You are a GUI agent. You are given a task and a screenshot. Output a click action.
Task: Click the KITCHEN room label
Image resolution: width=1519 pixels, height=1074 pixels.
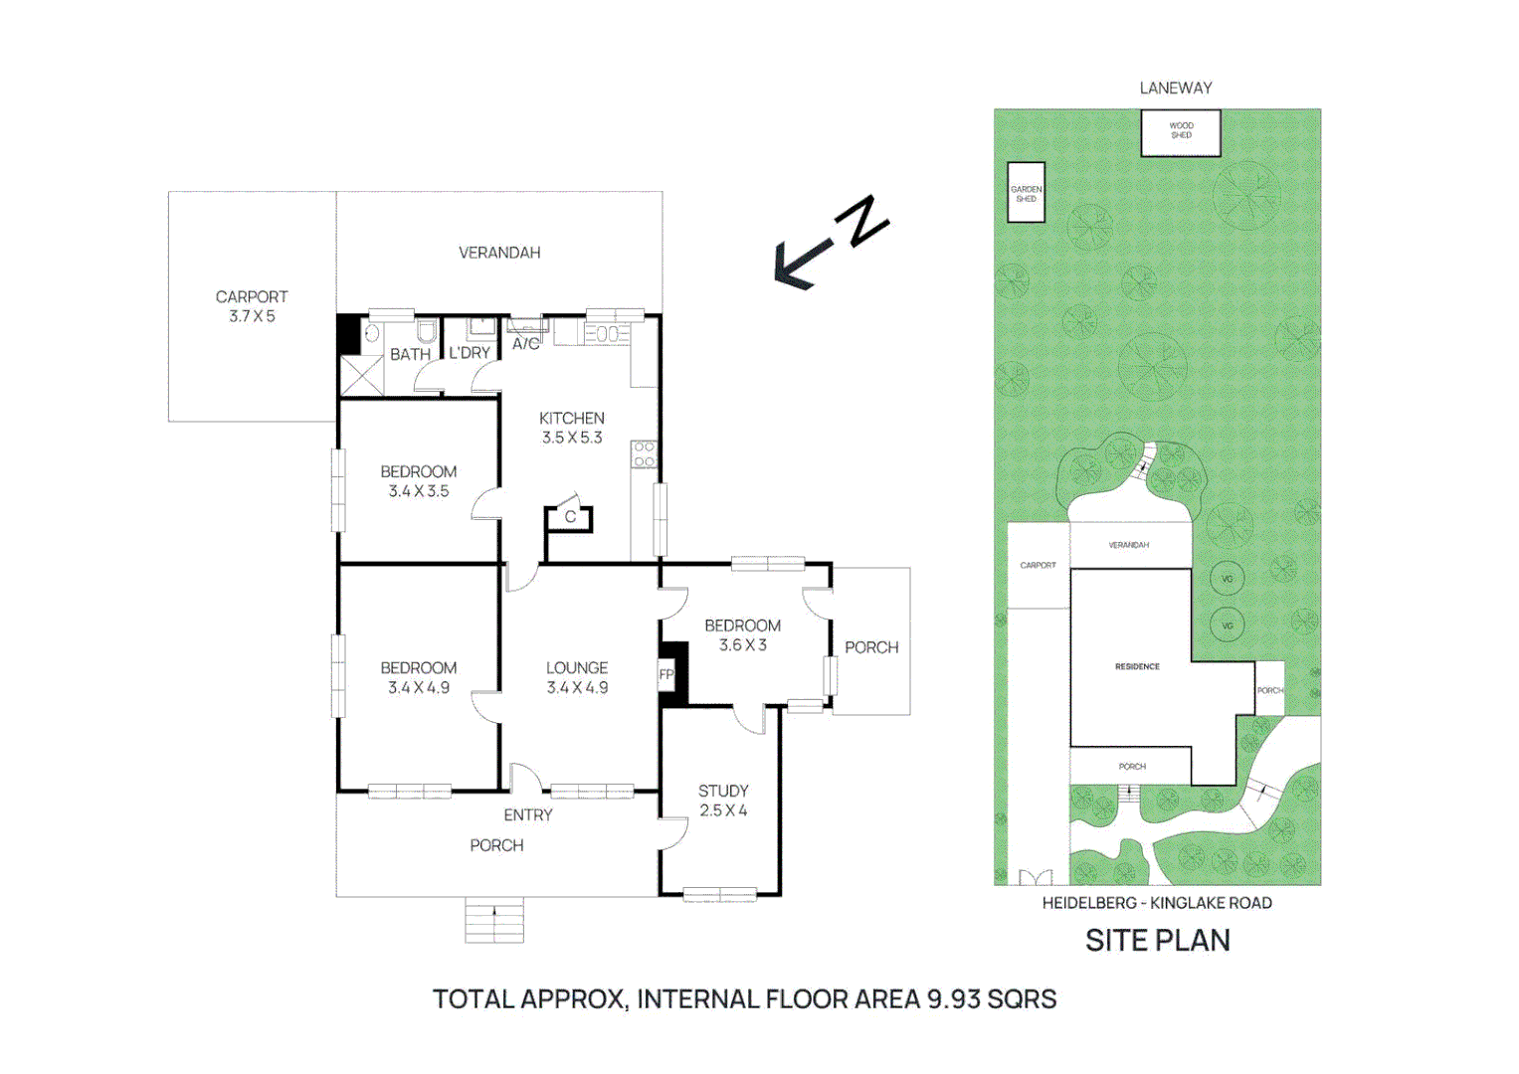tap(571, 419)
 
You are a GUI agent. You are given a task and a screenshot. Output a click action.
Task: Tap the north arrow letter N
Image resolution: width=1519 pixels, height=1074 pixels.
tap(861, 221)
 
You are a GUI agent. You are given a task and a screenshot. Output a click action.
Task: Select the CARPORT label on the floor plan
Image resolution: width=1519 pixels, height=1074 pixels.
tap(252, 297)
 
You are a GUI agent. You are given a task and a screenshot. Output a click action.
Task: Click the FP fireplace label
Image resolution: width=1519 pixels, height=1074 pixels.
tap(666, 675)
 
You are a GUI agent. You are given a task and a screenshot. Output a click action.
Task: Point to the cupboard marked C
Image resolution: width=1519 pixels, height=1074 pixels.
tap(570, 517)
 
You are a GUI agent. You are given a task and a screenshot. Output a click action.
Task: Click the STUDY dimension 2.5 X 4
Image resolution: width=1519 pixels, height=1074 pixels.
tap(723, 810)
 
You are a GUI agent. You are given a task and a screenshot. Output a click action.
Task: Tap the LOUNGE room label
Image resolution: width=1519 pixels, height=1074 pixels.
tap(577, 668)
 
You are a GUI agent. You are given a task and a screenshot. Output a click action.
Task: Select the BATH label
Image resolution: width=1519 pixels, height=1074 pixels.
tap(410, 354)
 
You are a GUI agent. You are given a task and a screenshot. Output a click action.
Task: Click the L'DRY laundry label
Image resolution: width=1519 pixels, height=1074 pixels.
tap(470, 353)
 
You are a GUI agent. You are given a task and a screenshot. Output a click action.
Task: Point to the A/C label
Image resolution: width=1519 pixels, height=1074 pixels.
tap(525, 344)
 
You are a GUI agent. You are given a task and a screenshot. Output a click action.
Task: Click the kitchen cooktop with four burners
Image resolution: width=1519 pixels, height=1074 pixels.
tap(644, 455)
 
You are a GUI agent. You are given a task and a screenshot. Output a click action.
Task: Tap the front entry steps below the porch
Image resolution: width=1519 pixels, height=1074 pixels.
tap(494, 921)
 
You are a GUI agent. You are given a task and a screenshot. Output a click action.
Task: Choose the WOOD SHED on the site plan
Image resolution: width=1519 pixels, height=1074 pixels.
tap(1181, 132)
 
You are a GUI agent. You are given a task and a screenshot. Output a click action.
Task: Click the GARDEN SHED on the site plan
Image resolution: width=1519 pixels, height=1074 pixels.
tap(1026, 193)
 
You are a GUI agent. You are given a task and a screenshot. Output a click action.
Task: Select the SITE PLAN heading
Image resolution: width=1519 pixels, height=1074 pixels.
tap(1157, 941)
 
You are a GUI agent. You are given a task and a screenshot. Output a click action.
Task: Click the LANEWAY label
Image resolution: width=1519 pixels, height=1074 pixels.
tap(1176, 89)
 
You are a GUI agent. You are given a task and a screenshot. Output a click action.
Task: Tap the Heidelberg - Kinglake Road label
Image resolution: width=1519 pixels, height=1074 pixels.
tap(1157, 903)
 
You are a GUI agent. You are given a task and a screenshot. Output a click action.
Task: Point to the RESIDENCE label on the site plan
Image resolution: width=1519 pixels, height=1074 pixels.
tap(1137, 666)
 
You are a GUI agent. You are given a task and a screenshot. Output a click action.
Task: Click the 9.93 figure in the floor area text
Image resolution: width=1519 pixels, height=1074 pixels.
tap(954, 999)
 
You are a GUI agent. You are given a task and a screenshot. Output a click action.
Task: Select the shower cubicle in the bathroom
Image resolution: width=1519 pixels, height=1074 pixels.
tap(361, 376)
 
